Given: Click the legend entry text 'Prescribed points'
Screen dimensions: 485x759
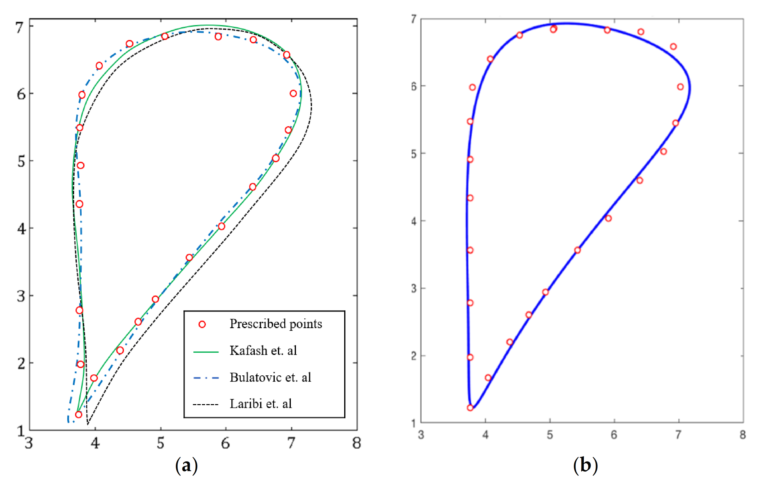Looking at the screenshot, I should (275, 324).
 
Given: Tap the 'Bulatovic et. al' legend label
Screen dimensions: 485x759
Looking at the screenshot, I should (270, 377).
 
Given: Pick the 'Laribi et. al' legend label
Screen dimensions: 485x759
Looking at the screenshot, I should (260, 404).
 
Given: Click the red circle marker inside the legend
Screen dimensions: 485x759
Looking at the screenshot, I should (202, 324).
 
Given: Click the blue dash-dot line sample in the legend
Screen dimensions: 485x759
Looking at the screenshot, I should (206, 378).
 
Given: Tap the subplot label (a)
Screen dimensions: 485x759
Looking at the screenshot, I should (186, 465).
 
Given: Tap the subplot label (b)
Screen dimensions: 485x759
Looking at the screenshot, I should (585, 465).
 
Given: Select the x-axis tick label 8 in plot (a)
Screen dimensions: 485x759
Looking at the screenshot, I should (357, 443).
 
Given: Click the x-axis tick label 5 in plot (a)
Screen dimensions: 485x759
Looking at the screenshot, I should (161, 443).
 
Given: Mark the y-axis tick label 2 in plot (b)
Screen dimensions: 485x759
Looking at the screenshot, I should (414, 356).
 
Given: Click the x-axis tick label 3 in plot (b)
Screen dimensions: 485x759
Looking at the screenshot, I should (421, 435).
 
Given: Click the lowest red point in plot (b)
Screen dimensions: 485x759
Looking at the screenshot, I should (470, 408).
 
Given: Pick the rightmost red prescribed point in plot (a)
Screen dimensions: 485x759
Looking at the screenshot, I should (293, 93).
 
